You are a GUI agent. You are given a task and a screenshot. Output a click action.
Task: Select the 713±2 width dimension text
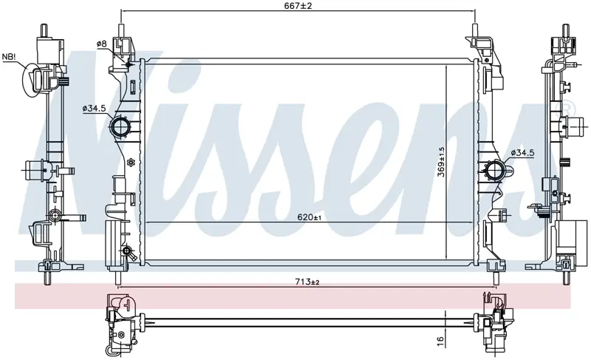(307, 282)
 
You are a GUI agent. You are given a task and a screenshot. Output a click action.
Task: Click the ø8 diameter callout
(102, 44)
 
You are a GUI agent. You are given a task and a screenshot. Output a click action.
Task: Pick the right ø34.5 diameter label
(523, 153)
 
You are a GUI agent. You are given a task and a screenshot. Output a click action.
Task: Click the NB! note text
(10, 57)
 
